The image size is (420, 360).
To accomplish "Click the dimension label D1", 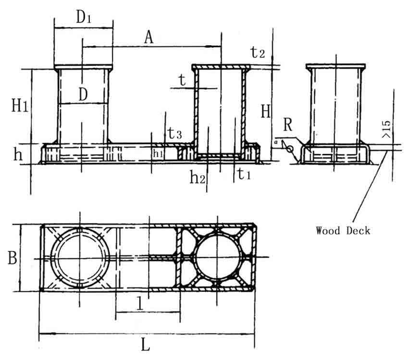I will click(83, 18).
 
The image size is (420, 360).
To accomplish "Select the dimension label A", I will click(149, 37).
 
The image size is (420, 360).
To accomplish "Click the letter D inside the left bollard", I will click(83, 95).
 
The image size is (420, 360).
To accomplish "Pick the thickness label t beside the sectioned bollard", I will click(182, 81).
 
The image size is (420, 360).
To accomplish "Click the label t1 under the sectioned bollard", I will click(244, 175).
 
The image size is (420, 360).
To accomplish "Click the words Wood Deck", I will click(343, 231).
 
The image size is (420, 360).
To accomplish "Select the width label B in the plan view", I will click(12, 258).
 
